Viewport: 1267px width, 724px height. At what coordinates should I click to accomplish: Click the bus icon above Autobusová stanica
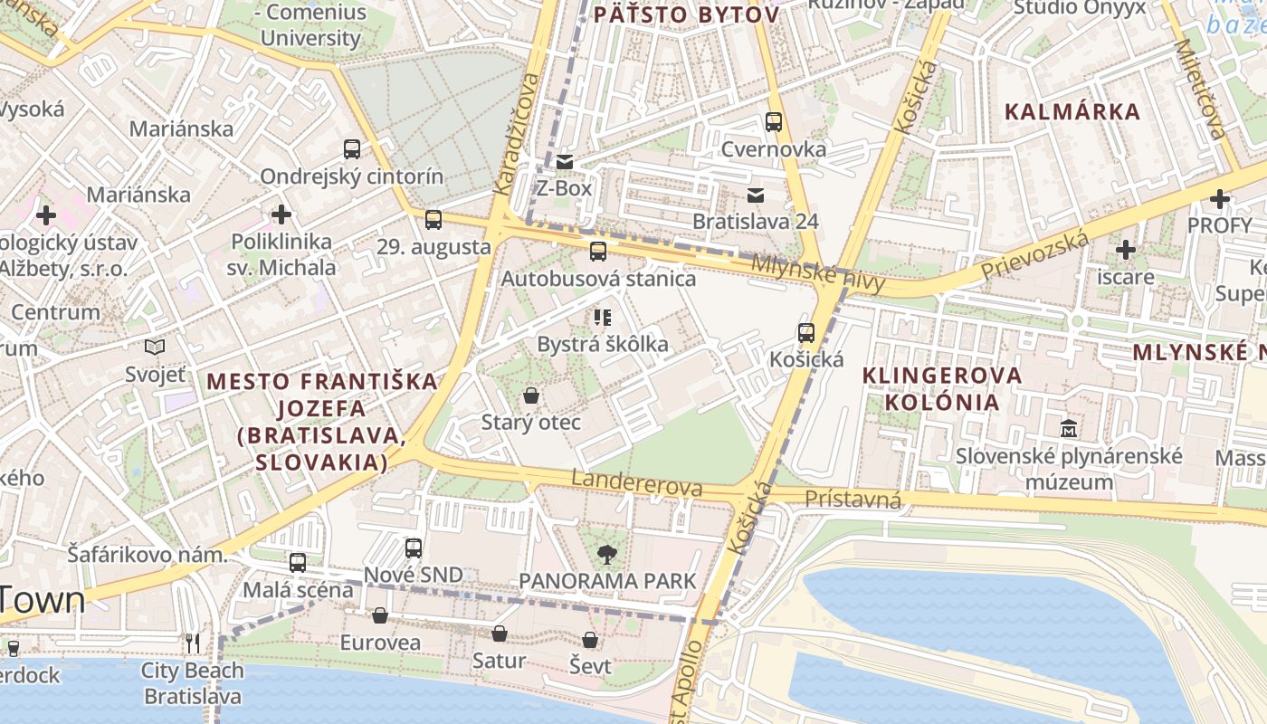coord(597,252)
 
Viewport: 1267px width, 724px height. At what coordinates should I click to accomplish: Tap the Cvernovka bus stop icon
coord(773,122)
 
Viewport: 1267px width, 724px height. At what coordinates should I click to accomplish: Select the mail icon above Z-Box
coord(565,162)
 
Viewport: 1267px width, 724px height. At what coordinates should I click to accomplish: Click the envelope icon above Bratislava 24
coord(756,195)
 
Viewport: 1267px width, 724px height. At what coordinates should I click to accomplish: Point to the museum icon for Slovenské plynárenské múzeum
coord(1069,428)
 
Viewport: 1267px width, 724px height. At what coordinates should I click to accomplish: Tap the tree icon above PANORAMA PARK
coord(606,554)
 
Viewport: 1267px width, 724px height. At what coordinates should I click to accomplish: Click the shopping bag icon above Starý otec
coord(531,395)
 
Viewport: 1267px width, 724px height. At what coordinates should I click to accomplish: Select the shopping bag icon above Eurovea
coord(380,615)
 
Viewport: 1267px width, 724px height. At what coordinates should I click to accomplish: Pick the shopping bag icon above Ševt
coord(590,640)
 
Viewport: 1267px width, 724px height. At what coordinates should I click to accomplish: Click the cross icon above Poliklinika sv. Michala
coord(281,214)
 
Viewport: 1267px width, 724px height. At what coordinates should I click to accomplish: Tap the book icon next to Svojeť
coord(155,347)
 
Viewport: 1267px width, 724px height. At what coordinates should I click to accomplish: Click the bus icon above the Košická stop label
coord(805,333)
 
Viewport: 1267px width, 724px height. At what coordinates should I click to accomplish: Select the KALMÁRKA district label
coord(1072,112)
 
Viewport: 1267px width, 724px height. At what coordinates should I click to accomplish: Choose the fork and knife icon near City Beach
coord(192,643)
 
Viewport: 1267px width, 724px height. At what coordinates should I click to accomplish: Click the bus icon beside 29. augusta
coord(433,219)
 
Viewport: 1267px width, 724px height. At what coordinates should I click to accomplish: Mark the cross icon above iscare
coord(1125,249)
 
